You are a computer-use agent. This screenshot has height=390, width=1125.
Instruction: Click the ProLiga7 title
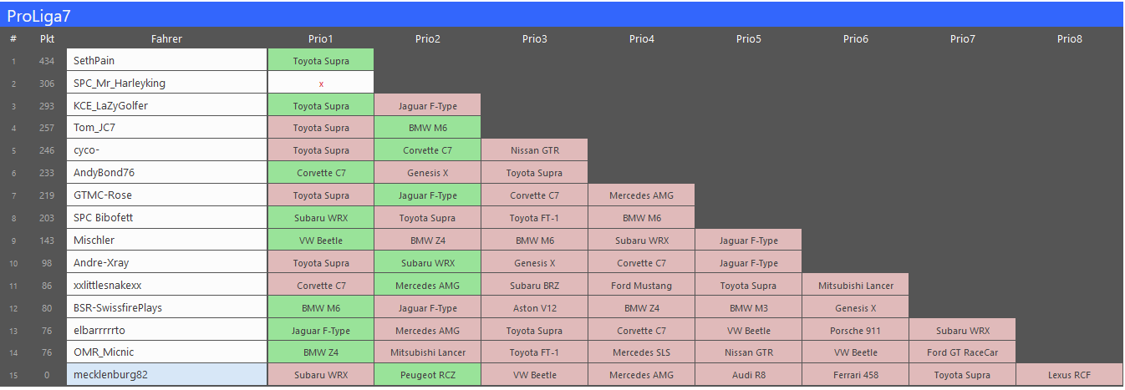(38, 17)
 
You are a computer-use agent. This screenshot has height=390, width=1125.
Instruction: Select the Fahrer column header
(166, 38)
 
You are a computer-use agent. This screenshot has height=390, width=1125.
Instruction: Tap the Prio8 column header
(1069, 38)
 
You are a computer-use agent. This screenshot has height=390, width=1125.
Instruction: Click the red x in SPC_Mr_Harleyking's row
(321, 84)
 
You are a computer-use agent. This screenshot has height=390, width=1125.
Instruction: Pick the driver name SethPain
(94, 61)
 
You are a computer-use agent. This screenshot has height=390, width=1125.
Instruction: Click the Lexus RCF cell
(1069, 375)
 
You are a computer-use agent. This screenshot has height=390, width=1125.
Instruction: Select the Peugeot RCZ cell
(427, 375)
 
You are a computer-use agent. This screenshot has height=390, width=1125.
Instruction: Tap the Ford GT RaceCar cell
(962, 352)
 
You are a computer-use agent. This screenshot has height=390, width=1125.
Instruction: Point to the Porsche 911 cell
(855, 330)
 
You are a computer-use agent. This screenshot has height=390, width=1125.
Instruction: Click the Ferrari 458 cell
(855, 375)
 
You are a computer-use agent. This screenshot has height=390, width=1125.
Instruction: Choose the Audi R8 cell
(748, 375)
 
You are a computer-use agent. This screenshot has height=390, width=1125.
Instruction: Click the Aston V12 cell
(534, 307)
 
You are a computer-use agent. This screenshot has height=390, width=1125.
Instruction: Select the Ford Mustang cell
(641, 285)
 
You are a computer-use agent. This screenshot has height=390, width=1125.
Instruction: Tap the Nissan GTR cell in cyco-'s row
(534, 150)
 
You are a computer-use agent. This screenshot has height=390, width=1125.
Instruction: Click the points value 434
(47, 61)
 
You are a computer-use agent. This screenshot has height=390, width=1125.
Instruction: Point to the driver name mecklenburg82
(110, 375)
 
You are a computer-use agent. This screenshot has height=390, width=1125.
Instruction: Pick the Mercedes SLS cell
(641, 352)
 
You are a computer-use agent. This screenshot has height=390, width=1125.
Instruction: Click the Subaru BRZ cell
(534, 285)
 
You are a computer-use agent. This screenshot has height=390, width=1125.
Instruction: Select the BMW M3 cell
(748, 307)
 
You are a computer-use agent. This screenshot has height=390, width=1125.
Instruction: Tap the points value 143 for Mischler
(47, 241)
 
